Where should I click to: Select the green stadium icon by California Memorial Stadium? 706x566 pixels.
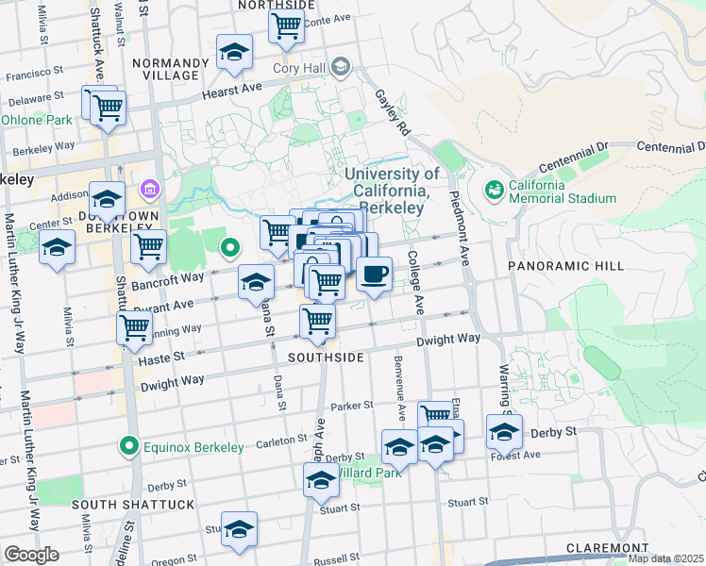(x=494, y=191)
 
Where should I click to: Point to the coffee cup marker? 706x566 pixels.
(x=375, y=275)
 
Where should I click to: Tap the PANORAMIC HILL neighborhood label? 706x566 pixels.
(x=565, y=267)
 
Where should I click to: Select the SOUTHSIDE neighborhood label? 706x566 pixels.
(x=326, y=358)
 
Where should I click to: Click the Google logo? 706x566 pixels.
(x=30, y=555)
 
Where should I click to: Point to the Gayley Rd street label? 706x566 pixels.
(x=391, y=111)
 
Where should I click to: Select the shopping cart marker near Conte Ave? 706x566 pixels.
(x=286, y=25)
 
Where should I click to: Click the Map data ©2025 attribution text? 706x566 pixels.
(x=665, y=558)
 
